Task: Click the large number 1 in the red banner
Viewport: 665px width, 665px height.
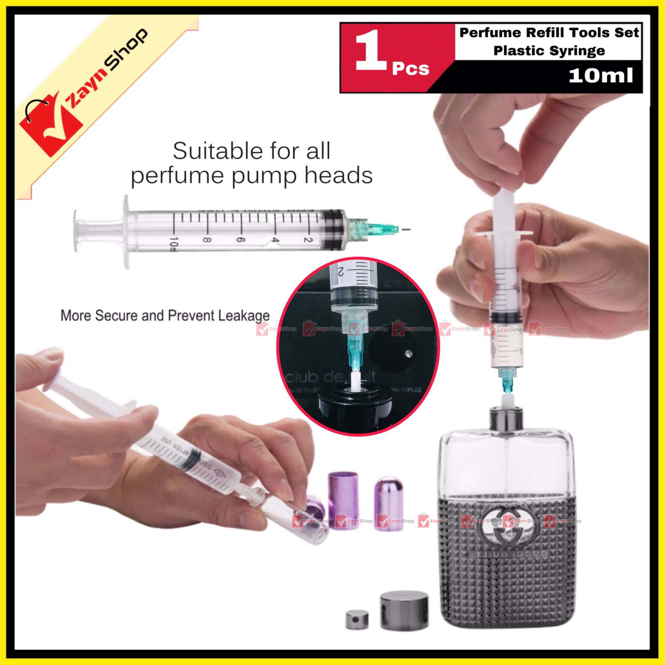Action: pyautogui.click(x=371, y=51)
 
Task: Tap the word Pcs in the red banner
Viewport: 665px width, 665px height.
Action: pyautogui.click(x=410, y=69)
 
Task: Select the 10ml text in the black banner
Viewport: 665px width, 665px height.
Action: pyautogui.click(x=600, y=75)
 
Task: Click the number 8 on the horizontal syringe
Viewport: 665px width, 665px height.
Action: pyautogui.click(x=207, y=240)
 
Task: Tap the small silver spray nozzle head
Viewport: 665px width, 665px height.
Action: pyautogui.click(x=357, y=619)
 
